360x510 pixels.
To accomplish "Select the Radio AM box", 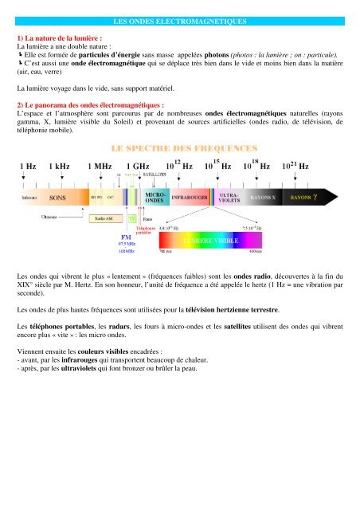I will pyautogui.click(x=103, y=217).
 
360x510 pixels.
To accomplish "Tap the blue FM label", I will pyautogui.click(x=125, y=237).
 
